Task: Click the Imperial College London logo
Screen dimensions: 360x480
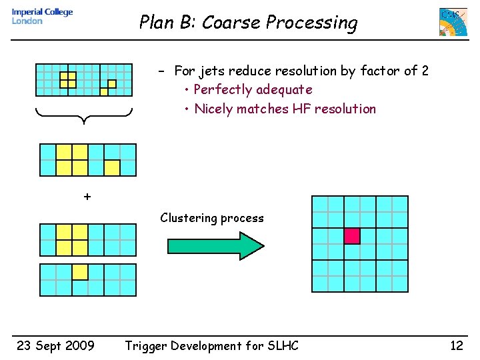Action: click(42, 17)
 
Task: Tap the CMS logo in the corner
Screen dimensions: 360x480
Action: click(453, 22)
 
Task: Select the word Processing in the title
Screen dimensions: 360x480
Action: click(312, 23)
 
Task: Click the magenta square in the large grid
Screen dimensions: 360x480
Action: click(352, 236)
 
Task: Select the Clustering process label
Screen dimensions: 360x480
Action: click(211, 218)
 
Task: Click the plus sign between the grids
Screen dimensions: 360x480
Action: click(87, 197)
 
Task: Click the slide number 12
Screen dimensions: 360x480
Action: click(456, 345)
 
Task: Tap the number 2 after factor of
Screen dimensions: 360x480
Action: click(425, 71)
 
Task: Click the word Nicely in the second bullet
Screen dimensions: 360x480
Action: click(213, 109)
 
